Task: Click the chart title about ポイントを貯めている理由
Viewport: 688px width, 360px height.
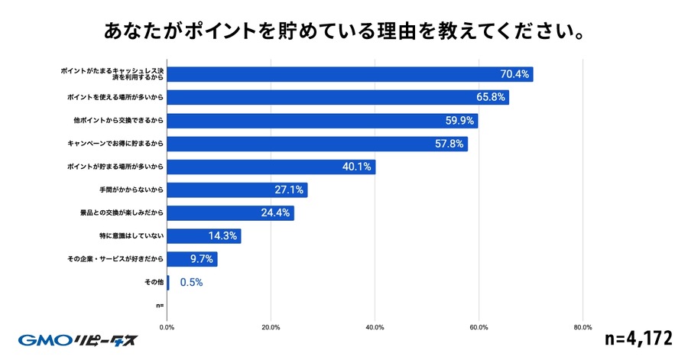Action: click(344, 33)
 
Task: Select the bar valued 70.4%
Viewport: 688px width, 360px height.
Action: click(349, 74)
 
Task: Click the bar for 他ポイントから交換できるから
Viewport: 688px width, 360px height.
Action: click(322, 121)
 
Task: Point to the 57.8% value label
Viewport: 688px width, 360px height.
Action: click(449, 144)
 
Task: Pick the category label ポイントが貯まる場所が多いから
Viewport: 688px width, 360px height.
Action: click(115, 167)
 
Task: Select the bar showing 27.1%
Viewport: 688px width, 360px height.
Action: click(237, 190)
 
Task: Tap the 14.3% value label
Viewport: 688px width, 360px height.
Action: click(224, 236)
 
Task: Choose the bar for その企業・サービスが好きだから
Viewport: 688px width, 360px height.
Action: click(192, 259)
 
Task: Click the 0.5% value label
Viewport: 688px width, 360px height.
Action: click(191, 283)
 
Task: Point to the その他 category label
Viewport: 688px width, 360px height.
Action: click(154, 283)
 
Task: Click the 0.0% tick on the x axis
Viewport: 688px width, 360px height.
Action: click(167, 327)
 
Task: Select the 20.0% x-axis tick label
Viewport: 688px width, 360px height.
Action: click(271, 327)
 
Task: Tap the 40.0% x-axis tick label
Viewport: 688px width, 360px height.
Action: click(375, 327)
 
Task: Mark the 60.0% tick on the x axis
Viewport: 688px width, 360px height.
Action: click(479, 327)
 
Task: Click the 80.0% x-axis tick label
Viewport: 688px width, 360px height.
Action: click(583, 327)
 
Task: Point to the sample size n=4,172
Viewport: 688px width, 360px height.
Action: click(638, 338)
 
